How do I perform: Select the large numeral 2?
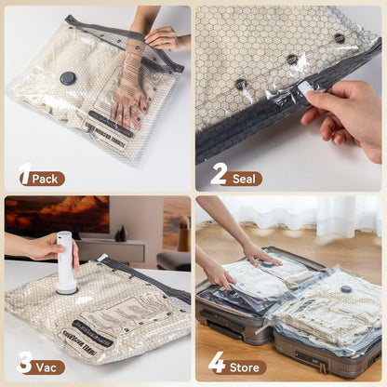tap(219, 174)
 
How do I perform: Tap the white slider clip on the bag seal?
tap(303, 87)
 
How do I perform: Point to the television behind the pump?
tap(55, 217)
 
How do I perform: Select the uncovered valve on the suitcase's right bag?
tap(346, 289)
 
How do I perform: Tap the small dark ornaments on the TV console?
tap(120, 234)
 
